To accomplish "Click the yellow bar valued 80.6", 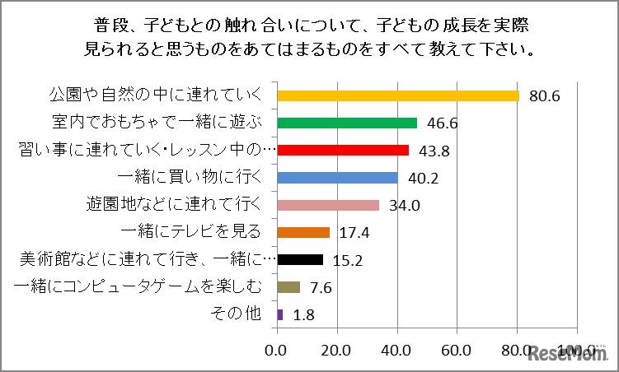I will tap(399, 95).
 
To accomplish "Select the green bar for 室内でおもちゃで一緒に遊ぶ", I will tap(348, 123).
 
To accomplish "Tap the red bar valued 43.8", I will tap(344, 150).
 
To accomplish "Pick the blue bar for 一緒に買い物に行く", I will tap(338, 177).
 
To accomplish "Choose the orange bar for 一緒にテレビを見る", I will tap(304, 232).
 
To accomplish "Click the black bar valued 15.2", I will tap(301, 259).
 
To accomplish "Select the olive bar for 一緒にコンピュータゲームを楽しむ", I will tap(289, 286).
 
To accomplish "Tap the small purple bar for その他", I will tap(281, 314).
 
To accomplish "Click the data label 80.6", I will tap(545, 96).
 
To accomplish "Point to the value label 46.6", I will tap(443, 123).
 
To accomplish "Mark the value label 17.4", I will tap(354, 233).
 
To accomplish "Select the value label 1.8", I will tap(303, 314).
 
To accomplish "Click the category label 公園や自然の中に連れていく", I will tap(152, 95).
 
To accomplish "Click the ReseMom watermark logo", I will tap(568, 356).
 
